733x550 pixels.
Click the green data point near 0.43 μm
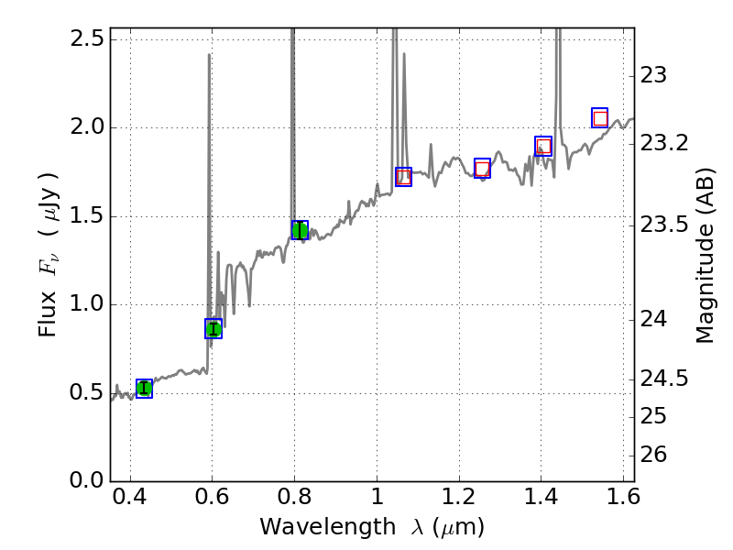144,388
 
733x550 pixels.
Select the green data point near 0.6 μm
213,329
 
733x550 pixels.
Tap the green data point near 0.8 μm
300,230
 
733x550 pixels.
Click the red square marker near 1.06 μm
403,177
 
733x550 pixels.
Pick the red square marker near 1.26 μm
483,169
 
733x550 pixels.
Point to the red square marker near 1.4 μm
543,147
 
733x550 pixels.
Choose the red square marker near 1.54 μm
600,118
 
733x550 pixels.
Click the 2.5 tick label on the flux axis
87,38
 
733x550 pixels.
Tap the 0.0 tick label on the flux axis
87,480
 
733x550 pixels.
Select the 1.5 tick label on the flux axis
87,215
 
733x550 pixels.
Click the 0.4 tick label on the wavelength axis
130,497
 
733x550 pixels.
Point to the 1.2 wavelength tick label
459,497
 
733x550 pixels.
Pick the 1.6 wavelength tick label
623,497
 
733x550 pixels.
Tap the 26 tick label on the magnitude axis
653,455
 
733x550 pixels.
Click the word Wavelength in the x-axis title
328,527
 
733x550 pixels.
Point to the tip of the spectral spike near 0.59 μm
209,54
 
